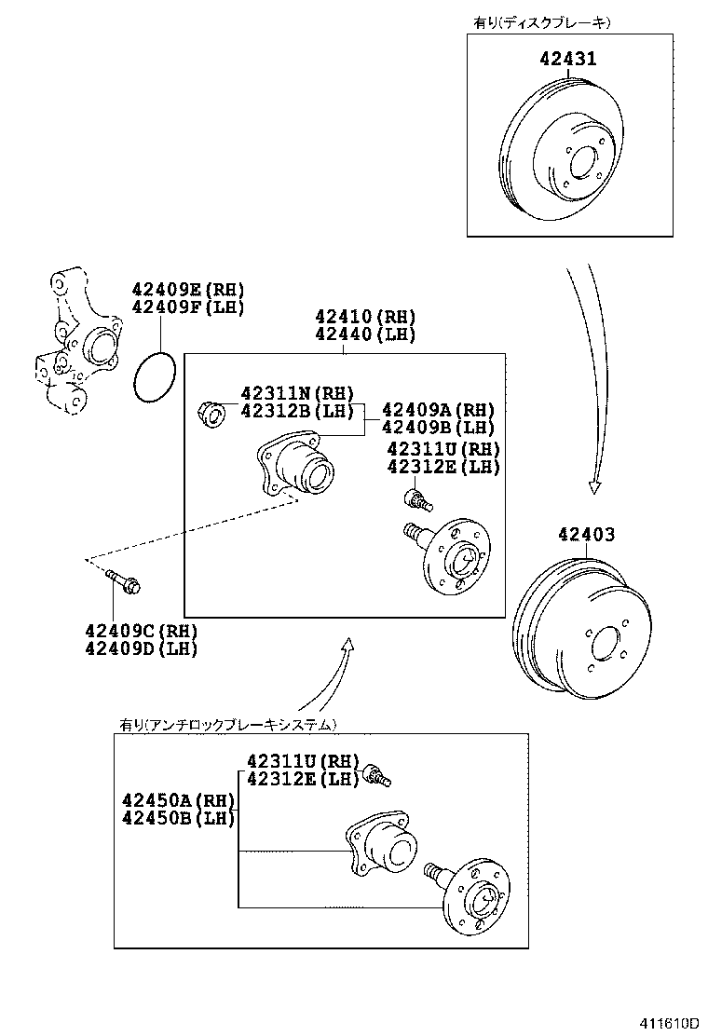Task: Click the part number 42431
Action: [568, 59]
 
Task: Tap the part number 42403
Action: [587, 535]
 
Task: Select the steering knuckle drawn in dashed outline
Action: [79, 345]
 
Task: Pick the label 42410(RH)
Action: [364, 317]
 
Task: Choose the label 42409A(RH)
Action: [438, 410]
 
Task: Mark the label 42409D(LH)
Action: [141, 649]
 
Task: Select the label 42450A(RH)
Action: [177, 800]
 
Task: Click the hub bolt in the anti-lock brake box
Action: [377, 773]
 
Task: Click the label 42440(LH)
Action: [364, 335]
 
